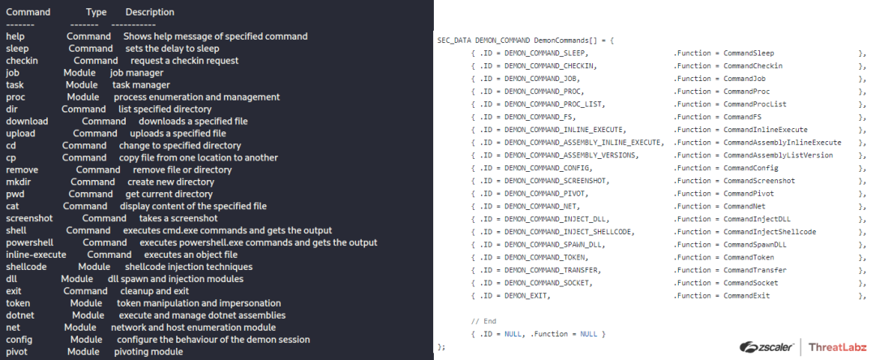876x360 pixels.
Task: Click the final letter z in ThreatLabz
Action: click(861, 346)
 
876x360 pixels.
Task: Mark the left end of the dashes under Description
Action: click(112, 24)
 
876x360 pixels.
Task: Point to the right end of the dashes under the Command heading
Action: click(34, 24)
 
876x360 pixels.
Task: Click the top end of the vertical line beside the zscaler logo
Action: click(801, 338)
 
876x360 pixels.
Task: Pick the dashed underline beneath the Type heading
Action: click(84, 24)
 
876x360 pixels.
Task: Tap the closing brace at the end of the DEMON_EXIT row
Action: click(861, 296)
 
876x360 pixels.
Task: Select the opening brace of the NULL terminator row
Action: click(474, 334)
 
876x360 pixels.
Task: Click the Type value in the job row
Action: click(79, 73)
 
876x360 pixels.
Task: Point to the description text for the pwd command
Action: click(169, 195)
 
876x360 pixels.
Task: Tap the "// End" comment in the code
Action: click(483, 322)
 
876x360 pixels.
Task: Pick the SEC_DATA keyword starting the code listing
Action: click(454, 41)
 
